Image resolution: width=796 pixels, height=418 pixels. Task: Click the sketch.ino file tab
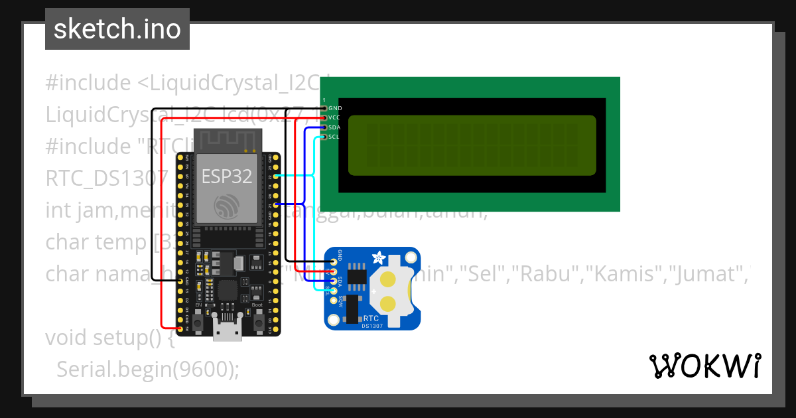[x=117, y=29]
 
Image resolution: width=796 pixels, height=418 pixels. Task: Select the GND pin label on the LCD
[x=335, y=107]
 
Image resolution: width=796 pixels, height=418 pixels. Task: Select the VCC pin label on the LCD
[x=334, y=117]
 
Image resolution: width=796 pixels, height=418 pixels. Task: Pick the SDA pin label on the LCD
[x=334, y=127]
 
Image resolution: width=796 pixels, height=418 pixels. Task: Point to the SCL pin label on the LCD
[x=334, y=137]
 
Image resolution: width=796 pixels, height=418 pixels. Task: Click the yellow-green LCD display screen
[x=472, y=145]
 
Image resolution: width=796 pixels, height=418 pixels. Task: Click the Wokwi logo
[x=704, y=366]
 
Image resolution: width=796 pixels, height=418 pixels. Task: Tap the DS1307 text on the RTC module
[x=371, y=325]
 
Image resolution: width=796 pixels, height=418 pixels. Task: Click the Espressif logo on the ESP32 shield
[x=227, y=206]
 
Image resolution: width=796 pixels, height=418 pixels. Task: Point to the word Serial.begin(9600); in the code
[x=147, y=369]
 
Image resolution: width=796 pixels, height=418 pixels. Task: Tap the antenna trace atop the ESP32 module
[x=227, y=141]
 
